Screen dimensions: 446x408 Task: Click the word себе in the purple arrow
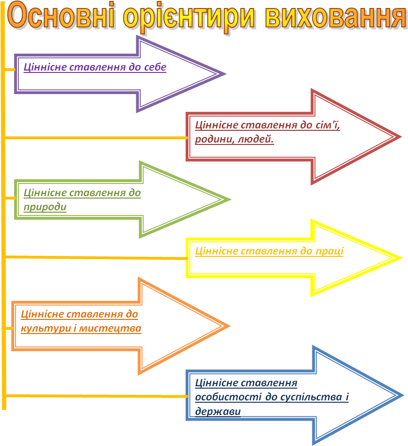coord(153,67)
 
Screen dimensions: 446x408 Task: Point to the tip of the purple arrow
coord(225,74)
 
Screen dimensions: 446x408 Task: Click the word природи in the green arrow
coord(45,207)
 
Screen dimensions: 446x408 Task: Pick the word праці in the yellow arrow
coord(329,251)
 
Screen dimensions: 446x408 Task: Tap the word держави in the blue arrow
coord(218,411)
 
